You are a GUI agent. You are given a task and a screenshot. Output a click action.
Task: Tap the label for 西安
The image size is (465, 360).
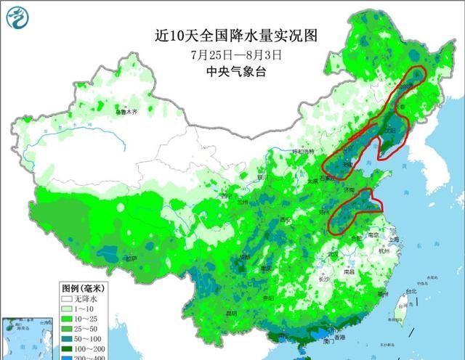(285, 220)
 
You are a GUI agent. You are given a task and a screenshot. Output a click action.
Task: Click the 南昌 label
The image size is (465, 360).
(349, 271)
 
